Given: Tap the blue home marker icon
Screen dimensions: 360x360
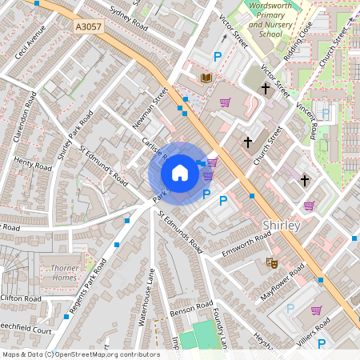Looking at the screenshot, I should pos(180,173).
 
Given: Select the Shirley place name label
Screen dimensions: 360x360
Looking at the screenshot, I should pos(281,226).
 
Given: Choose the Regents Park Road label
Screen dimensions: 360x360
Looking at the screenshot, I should pos(91,284).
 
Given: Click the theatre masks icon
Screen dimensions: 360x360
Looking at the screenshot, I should pos(271,262).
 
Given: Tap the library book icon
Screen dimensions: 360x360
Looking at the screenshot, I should pos(206,78).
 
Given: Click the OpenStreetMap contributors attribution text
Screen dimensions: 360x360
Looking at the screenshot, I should pos(81,354).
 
